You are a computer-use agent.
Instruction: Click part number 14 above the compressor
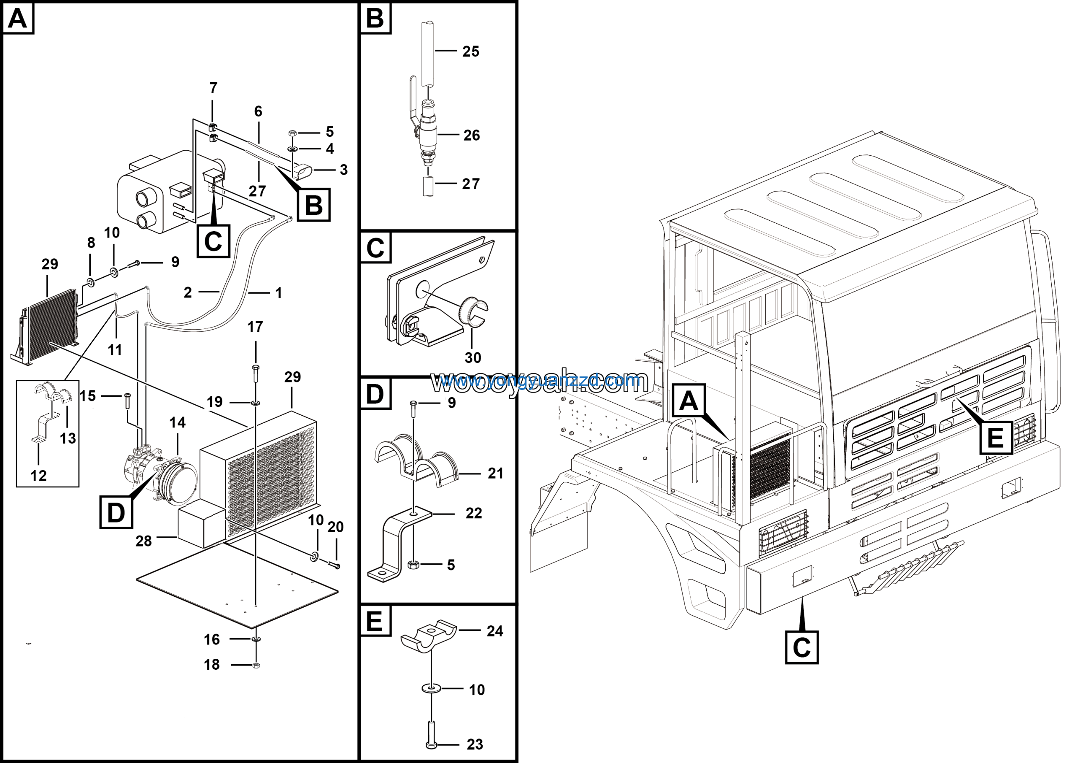click(177, 422)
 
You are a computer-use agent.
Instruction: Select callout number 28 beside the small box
click(143, 541)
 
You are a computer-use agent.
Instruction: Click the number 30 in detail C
click(473, 357)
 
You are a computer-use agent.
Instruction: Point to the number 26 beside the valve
click(471, 135)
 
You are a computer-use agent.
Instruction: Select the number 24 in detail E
click(495, 631)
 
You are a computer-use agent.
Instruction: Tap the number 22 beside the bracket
click(474, 513)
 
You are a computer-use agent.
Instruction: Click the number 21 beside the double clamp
click(495, 473)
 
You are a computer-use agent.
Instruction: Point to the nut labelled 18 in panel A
click(256, 665)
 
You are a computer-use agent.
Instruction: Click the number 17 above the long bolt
click(255, 327)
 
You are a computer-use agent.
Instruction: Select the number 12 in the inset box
click(38, 476)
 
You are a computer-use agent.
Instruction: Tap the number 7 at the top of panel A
click(213, 87)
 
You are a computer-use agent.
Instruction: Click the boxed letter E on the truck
click(996, 438)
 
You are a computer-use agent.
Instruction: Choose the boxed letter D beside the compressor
click(116, 512)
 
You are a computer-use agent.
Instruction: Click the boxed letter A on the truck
click(688, 401)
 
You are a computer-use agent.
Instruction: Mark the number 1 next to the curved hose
click(278, 293)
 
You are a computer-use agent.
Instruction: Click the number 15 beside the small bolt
click(87, 396)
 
